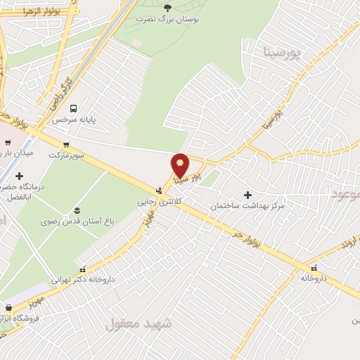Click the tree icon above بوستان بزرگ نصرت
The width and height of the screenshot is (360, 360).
(x=167, y=8)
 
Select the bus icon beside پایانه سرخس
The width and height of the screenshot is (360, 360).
(x=73, y=108)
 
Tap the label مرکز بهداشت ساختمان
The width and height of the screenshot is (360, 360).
(x=247, y=206)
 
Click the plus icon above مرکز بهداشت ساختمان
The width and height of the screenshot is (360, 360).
(x=247, y=194)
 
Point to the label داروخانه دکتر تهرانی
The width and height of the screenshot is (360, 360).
(x=83, y=280)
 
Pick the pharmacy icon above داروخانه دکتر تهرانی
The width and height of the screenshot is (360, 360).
(x=83, y=268)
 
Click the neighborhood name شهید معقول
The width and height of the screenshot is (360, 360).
(x=139, y=324)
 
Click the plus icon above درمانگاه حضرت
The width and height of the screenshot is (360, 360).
(x=19, y=176)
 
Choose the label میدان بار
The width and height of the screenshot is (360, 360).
(x=13, y=153)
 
